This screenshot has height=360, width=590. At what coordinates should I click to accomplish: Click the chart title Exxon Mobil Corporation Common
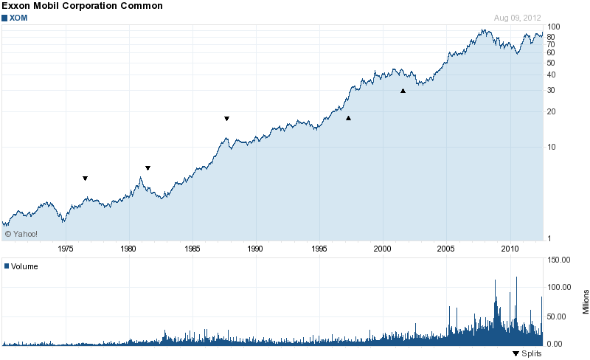(82, 6)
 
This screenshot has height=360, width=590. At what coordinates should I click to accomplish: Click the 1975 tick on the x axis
(66, 249)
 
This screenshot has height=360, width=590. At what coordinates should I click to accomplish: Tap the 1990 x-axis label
(256, 249)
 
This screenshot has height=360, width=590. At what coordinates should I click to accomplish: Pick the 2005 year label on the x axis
(446, 249)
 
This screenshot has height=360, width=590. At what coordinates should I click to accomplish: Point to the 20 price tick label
(551, 112)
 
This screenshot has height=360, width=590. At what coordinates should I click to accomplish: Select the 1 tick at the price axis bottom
(549, 238)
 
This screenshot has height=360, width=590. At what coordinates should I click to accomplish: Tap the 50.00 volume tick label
(557, 316)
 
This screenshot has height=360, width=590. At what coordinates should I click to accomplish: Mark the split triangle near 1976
(86, 178)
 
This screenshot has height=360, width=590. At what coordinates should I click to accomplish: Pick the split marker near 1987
(227, 118)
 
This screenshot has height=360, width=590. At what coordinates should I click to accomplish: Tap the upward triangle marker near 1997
(348, 118)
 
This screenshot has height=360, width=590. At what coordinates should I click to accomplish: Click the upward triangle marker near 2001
(403, 91)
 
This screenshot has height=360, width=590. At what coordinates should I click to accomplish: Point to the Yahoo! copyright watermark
(21, 234)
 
